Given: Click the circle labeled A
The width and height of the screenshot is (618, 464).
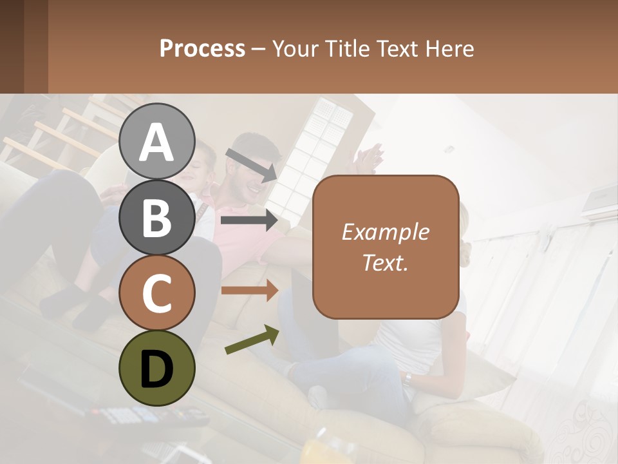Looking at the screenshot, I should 157,141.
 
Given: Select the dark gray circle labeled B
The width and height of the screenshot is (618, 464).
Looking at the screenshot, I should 157,217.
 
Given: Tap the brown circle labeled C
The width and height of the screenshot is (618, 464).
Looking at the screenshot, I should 157,293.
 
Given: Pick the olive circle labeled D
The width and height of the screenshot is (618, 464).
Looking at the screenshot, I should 157,368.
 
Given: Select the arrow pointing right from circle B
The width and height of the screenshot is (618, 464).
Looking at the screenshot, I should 249,220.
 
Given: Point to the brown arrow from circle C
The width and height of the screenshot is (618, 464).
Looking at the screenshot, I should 249,291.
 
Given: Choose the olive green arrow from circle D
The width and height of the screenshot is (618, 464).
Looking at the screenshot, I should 252,340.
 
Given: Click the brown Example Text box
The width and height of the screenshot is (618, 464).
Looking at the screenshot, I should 386,247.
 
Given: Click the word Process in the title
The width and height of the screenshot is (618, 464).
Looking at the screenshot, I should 202,48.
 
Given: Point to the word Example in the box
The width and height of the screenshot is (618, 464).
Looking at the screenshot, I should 386,232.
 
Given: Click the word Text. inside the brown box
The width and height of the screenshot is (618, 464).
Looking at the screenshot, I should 386,262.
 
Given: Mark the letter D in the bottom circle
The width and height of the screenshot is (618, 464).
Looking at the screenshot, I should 157,369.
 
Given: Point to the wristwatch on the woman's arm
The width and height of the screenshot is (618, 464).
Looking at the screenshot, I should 407,378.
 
